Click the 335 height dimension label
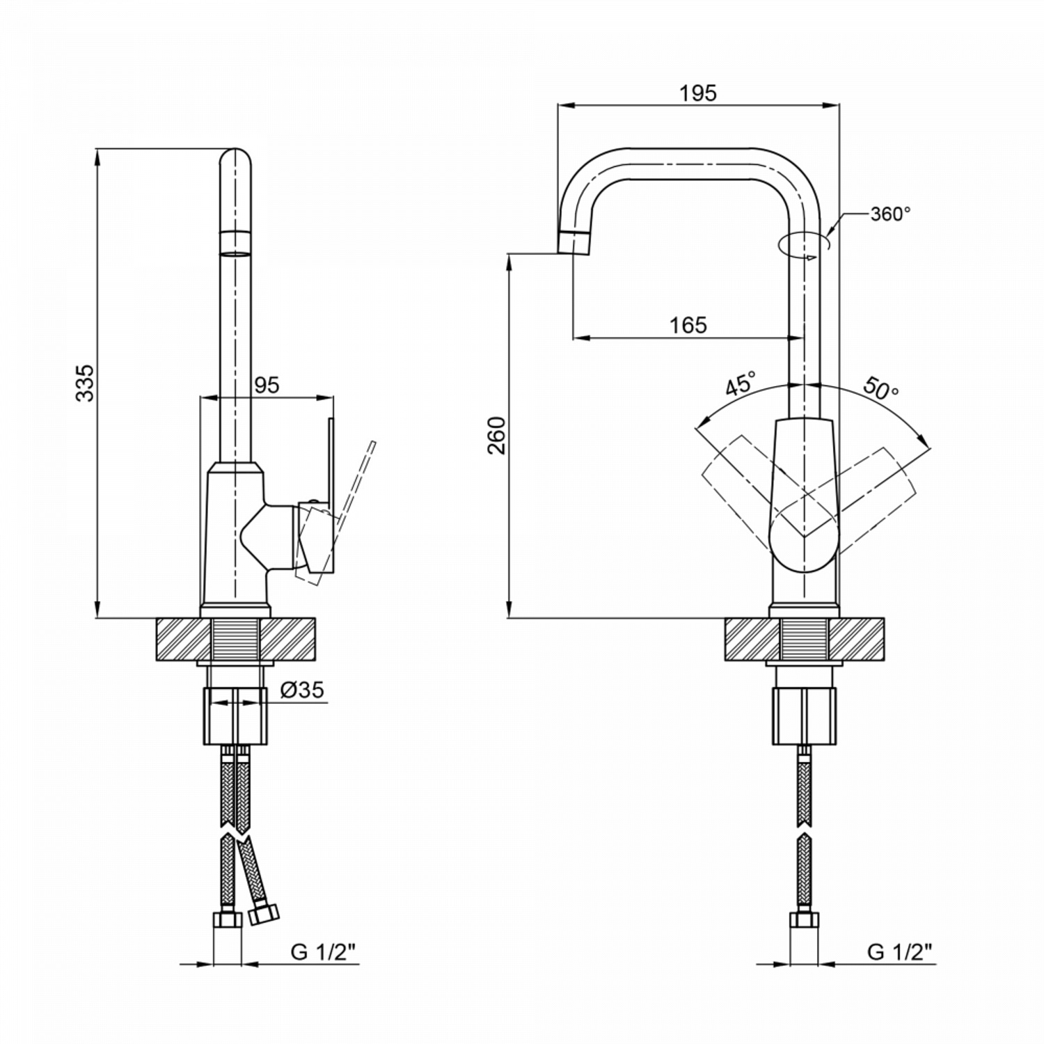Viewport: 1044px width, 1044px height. pyautogui.click(x=84, y=382)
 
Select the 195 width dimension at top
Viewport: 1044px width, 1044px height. pyautogui.click(x=699, y=93)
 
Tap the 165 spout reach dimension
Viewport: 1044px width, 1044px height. pyautogui.click(x=688, y=325)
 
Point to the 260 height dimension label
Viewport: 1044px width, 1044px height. pyautogui.click(x=496, y=436)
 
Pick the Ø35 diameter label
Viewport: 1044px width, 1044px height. pyautogui.click(x=301, y=690)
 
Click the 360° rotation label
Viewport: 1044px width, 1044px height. pyautogui.click(x=890, y=214)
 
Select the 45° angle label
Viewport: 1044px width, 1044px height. pyautogui.click(x=741, y=384)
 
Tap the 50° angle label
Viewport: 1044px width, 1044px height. pyautogui.click(x=881, y=388)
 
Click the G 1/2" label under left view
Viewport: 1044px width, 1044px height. pyautogui.click(x=324, y=952)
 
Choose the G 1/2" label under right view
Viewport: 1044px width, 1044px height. pyautogui.click(x=900, y=952)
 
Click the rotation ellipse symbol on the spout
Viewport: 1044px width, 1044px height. pyautogui.click(x=804, y=244)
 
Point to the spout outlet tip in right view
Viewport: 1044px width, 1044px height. pyautogui.click(x=574, y=242)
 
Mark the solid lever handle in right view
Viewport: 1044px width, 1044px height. pyautogui.click(x=804, y=494)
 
